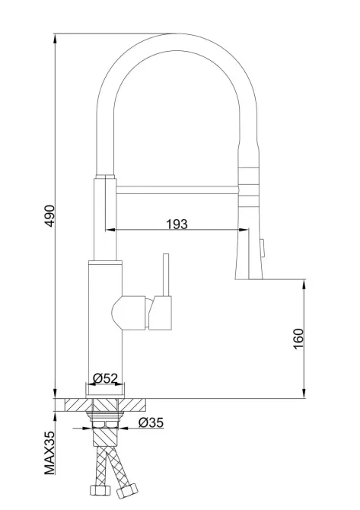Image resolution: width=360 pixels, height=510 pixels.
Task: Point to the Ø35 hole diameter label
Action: pyautogui.click(x=150, y=423)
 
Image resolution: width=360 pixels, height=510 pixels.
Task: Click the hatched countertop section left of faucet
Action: pyautogui.click(x=75, y=404)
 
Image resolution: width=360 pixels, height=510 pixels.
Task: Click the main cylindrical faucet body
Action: pyautogui.click(x=104, y=327)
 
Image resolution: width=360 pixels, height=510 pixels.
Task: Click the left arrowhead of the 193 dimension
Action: pyautogui.click(x=109, y=230)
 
